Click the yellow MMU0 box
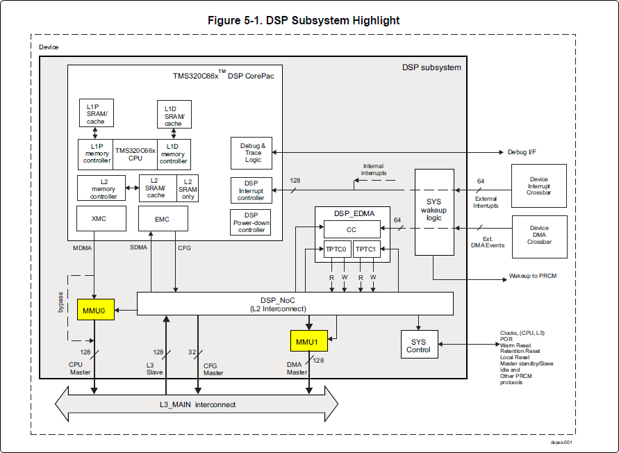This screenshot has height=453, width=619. click(94, 310)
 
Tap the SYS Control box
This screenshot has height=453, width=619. click(420, 345)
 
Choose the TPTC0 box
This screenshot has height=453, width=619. click(336, 249)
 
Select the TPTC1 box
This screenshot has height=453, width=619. click(366, 249)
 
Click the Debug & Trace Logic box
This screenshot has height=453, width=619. click(251, 153)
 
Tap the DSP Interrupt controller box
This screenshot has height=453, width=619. click(251, 190)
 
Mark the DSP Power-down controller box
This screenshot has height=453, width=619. click(251, 222)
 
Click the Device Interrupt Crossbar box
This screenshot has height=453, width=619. click(538, 186)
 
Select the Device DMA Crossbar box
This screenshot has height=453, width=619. click(538, 235)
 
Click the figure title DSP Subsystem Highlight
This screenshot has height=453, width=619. click(304, 20)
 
